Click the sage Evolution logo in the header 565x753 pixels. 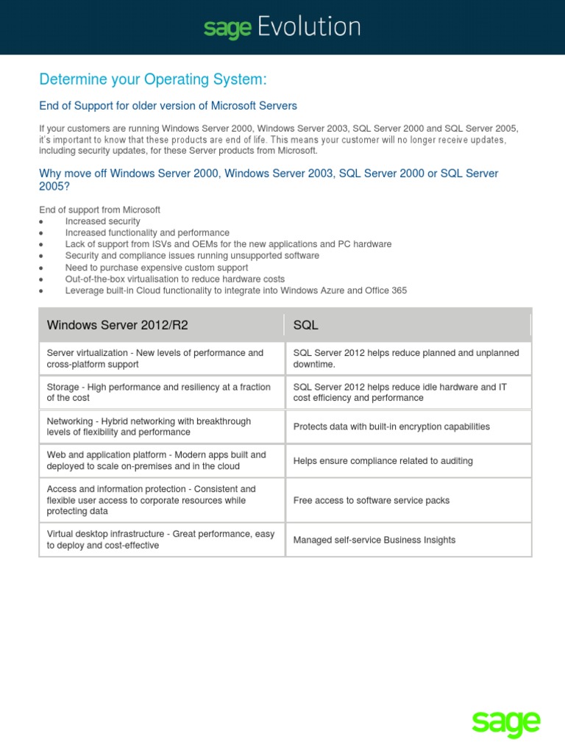(282, 28)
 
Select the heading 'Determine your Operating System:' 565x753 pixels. (153, 79)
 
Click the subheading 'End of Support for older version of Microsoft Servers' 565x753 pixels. (168, 106)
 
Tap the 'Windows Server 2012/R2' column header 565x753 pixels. (122, 325)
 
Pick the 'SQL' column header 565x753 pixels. (306, 325)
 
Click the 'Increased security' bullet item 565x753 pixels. (102, 221)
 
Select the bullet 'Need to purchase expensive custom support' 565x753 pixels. (156, 268)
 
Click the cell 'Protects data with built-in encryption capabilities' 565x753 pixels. (391, 427)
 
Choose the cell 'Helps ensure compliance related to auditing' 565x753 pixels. (383, 461)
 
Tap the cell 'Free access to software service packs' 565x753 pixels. (371, 500)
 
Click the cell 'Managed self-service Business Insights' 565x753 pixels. (374, 540)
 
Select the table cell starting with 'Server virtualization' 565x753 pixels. (154, 358)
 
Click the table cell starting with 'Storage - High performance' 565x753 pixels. (158, 392)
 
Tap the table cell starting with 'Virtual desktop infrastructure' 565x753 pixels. (160, 540)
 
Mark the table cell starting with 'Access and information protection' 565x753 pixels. (151, 500)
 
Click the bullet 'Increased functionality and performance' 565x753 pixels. (147, 232)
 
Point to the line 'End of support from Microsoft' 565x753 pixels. (99, 210)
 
